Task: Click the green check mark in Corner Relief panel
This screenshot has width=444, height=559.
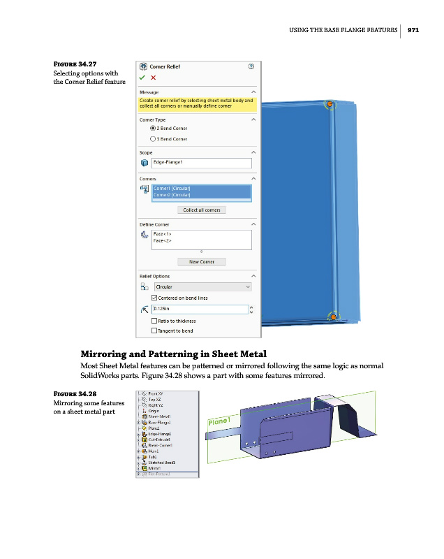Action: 142,78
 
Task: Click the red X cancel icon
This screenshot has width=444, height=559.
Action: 153,78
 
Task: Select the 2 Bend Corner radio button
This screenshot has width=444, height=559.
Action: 153,129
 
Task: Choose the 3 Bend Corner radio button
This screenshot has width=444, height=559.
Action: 153,139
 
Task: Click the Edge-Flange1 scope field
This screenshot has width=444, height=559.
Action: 201,163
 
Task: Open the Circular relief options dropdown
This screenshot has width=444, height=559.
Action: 201,286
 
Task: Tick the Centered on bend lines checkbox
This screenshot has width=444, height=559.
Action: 154,298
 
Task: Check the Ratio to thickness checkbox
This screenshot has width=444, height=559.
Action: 154,321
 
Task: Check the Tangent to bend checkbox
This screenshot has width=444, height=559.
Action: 154,331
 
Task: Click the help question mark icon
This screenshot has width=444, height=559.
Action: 251,66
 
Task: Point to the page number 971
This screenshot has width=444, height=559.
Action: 413,30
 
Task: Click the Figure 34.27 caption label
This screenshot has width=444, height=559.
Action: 75,65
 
